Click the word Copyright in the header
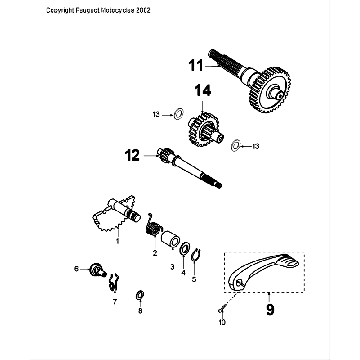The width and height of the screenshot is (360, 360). tap(33, 8)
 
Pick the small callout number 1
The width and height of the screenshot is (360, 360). tap(119, 241)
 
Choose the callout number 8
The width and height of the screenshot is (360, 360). tap(140, 311)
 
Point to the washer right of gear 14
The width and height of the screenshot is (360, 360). tap(236, 146)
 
